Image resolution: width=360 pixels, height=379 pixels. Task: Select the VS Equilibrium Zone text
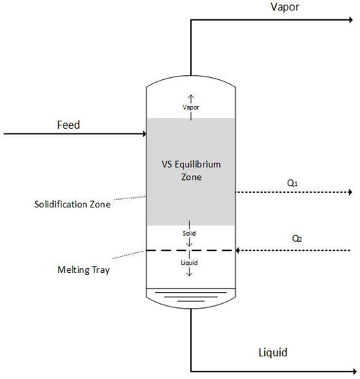(190, 170)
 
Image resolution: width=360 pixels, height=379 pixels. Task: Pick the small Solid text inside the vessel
(189, 234)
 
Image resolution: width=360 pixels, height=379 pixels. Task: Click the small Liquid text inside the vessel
(189, 263)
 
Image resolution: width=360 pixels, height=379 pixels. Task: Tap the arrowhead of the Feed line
(143, 133)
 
